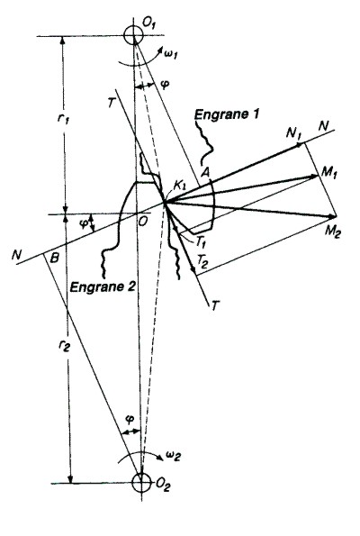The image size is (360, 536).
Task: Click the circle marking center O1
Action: pyautogui.click(x=133, y=35)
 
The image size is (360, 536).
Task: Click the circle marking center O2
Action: pyautogui.click(x=141, y=483)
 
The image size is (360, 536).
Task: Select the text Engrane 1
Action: pyautogui.click(x=227, y=114)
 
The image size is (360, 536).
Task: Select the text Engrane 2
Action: pyautogui.click(x=103, y=286)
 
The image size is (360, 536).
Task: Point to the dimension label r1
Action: pyautogui.click(x=64, y=118)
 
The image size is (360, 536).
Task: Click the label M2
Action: pyautogui.click(x=332, y=232)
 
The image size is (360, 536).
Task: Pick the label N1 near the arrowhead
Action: pyautogui.click(x=293, y=132)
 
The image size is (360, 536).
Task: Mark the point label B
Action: pyautogui.click(x=54, y=258)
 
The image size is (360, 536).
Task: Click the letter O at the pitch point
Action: pyautogui.click(x=143, y=222)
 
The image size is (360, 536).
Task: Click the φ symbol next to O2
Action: pyautogui.click(x=129, y=419)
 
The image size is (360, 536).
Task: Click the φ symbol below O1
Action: pyautogui.click(x=165, y=85)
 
